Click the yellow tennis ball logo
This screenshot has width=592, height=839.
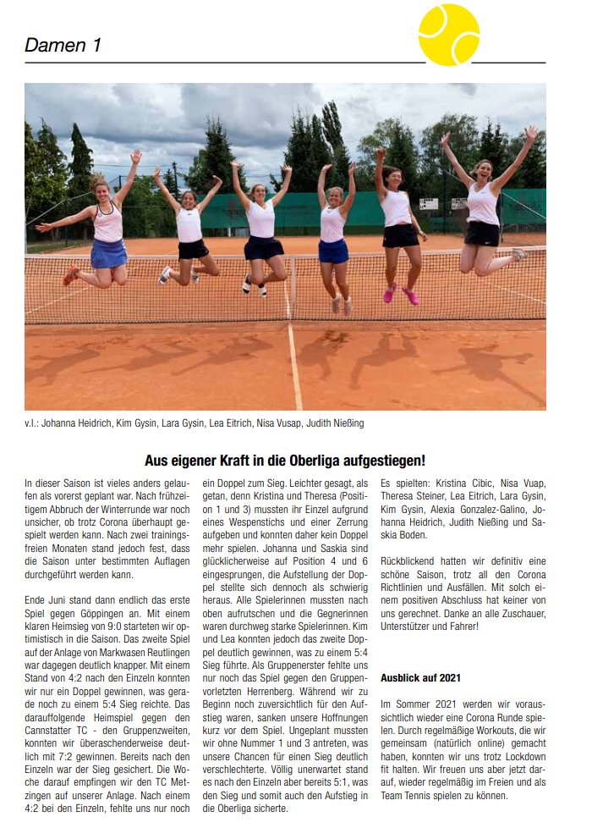(449, 35)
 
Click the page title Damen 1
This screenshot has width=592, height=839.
(63, 46)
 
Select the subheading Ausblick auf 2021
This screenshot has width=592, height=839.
(420, 678)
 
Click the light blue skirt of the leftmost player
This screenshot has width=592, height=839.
(109, 253)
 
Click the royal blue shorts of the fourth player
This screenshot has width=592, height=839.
(333, 251)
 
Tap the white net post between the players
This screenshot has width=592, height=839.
(292, 288)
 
